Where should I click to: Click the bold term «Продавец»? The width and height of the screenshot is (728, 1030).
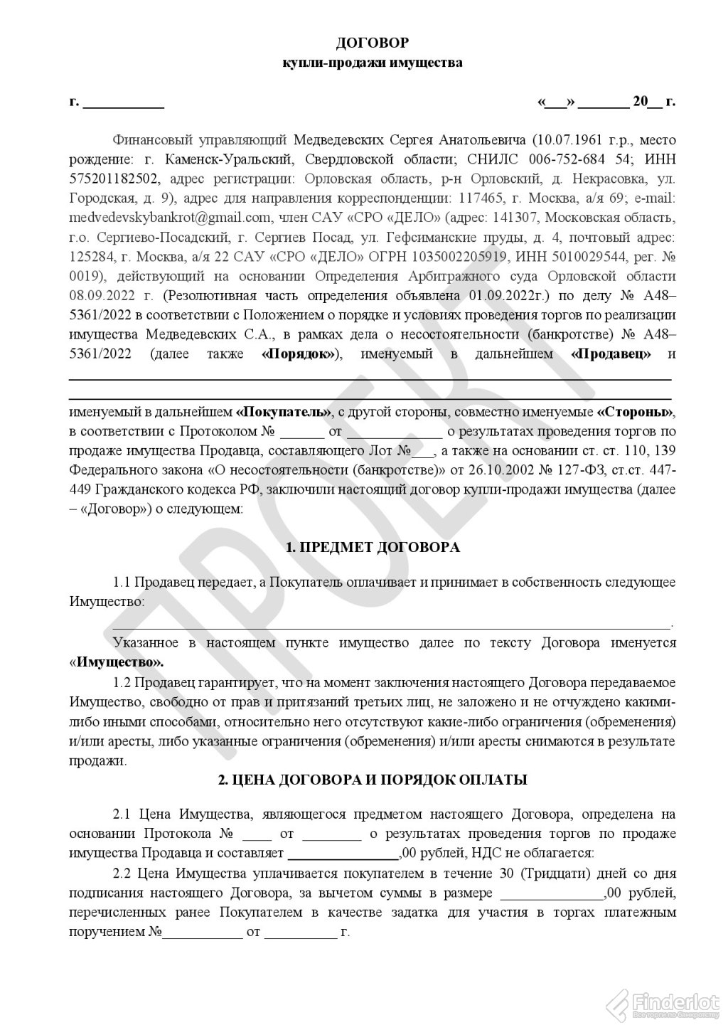[x=611, y=354]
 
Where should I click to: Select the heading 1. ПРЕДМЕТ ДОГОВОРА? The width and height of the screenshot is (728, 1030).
[x=373, y=548]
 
